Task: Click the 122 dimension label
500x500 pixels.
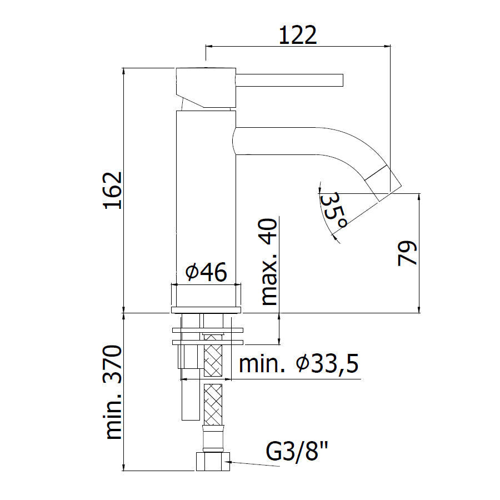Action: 298,35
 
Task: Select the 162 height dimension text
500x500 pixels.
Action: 113,191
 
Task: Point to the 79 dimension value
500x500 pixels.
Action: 407,253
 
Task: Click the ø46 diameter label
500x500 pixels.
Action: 206,272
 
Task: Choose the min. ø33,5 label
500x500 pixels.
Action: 299,363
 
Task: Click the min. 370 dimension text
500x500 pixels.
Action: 113,392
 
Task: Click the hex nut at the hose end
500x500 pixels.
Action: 213,461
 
